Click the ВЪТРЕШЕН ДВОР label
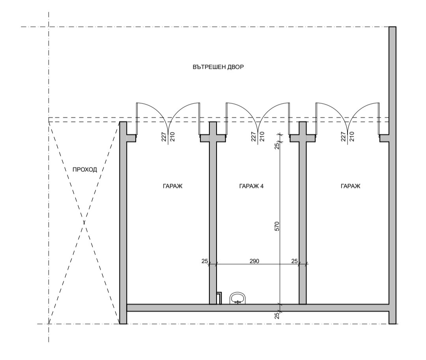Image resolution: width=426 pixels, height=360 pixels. [218, 67]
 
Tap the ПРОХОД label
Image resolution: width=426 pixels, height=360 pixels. [85, 170]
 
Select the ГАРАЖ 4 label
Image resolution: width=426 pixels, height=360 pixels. [251, 186]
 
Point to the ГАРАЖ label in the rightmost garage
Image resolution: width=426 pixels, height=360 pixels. [350, 186]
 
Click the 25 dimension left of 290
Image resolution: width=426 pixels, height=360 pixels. [204, 261]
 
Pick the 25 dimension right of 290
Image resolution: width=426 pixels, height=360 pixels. [294, 261]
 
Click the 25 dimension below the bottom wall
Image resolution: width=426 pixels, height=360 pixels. [277, 315]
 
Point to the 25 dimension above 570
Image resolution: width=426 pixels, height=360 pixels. [277, 146]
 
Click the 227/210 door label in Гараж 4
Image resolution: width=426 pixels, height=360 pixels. [257, 137]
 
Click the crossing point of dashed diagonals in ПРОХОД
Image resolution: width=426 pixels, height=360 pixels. [84, 223]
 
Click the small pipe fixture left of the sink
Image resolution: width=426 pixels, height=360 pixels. [219, 298]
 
